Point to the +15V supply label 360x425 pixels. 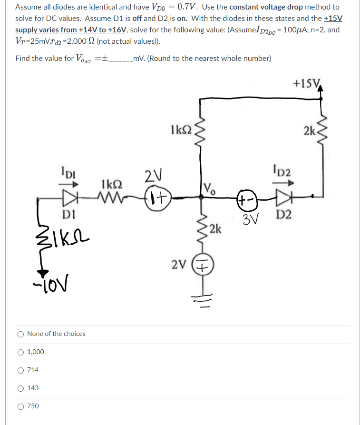(x=306, y=84)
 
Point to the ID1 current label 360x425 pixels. (x=68, y=172)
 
